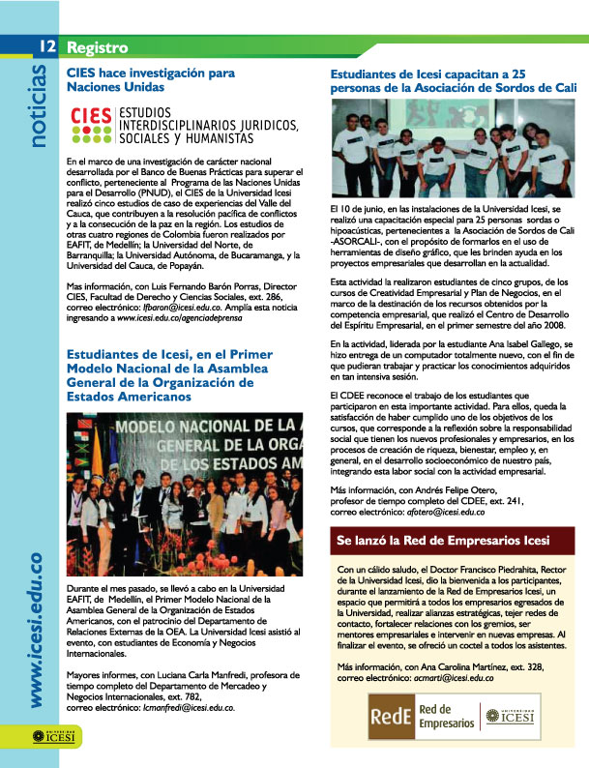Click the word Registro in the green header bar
pyautogui.click(x=98, y=46)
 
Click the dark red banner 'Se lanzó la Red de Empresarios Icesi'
pyautogui.click(x=448, y=540)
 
